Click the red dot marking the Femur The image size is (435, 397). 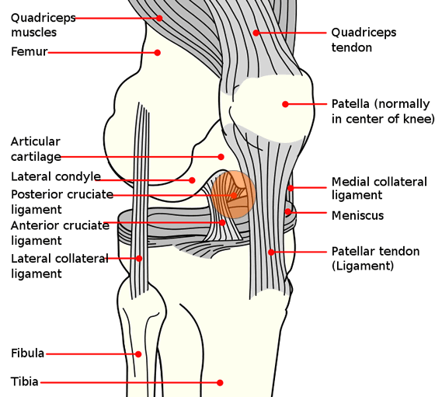pos(157,52)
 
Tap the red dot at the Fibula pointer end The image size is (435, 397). pos(138,354)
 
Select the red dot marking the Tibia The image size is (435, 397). pos(220,382)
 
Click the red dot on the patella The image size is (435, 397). pos(285,104)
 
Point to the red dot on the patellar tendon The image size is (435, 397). pos(271,252)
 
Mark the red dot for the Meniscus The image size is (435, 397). pos(288,212)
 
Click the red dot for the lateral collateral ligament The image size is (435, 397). pos(139,258)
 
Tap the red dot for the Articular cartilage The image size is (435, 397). pos(221,157)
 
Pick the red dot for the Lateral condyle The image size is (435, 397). pos(192,180)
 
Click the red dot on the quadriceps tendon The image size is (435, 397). pos(256,33)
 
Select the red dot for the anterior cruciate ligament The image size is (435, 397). pos(222,222)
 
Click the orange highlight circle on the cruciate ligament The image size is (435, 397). pos(233,195)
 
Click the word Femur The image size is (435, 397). pos(30,51)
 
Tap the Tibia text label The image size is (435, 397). pos(24,381)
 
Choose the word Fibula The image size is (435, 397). pos(28,353)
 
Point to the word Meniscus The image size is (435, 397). pos(357,215)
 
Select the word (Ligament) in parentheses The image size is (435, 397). pos(363,266)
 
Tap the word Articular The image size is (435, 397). pos(36,141)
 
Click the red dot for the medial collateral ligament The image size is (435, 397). pos(291,188)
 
